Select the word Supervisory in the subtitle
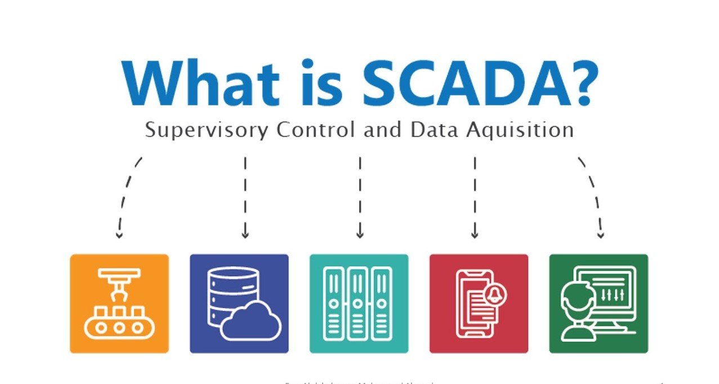coord(205,130)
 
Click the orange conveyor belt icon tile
coord(119,303)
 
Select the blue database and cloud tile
coord(239,303)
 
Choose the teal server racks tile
coord(359,303)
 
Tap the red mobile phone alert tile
coord(479,303)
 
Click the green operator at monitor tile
coord(599,303)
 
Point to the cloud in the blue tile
coord(251,321)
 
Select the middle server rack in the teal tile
coord(359,303)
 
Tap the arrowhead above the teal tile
coord(360,234)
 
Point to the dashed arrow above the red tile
coord(475,197)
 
